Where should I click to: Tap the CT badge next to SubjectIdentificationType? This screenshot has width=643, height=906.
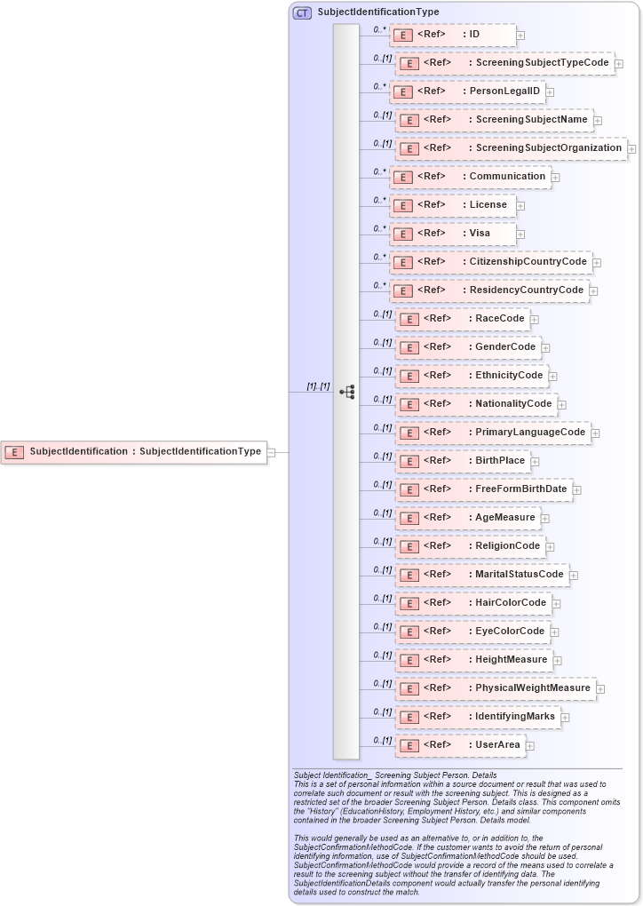[x=302, y=12]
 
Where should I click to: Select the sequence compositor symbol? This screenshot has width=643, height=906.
[x=346, y=392]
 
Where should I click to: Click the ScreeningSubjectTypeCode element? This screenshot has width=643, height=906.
[x=504, y=63]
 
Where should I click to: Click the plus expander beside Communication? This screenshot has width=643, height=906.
[x=555, y=177]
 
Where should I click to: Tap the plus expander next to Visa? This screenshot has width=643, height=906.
[x=520, y=234]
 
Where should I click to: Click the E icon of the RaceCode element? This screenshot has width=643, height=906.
[x=408, y=319]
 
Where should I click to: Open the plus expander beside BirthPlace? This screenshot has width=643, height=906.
[x=535, y=462]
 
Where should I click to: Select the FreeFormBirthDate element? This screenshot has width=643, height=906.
[x=484, y=489]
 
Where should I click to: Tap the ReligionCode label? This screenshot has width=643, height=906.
[x=507, y=545]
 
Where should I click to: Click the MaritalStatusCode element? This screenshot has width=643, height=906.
[x=480, y=575]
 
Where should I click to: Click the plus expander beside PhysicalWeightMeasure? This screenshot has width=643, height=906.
[x=601, y=688]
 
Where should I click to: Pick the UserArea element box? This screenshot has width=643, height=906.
[x=459, y=745]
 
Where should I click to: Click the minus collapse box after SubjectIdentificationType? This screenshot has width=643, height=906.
[x=272, y=452]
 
